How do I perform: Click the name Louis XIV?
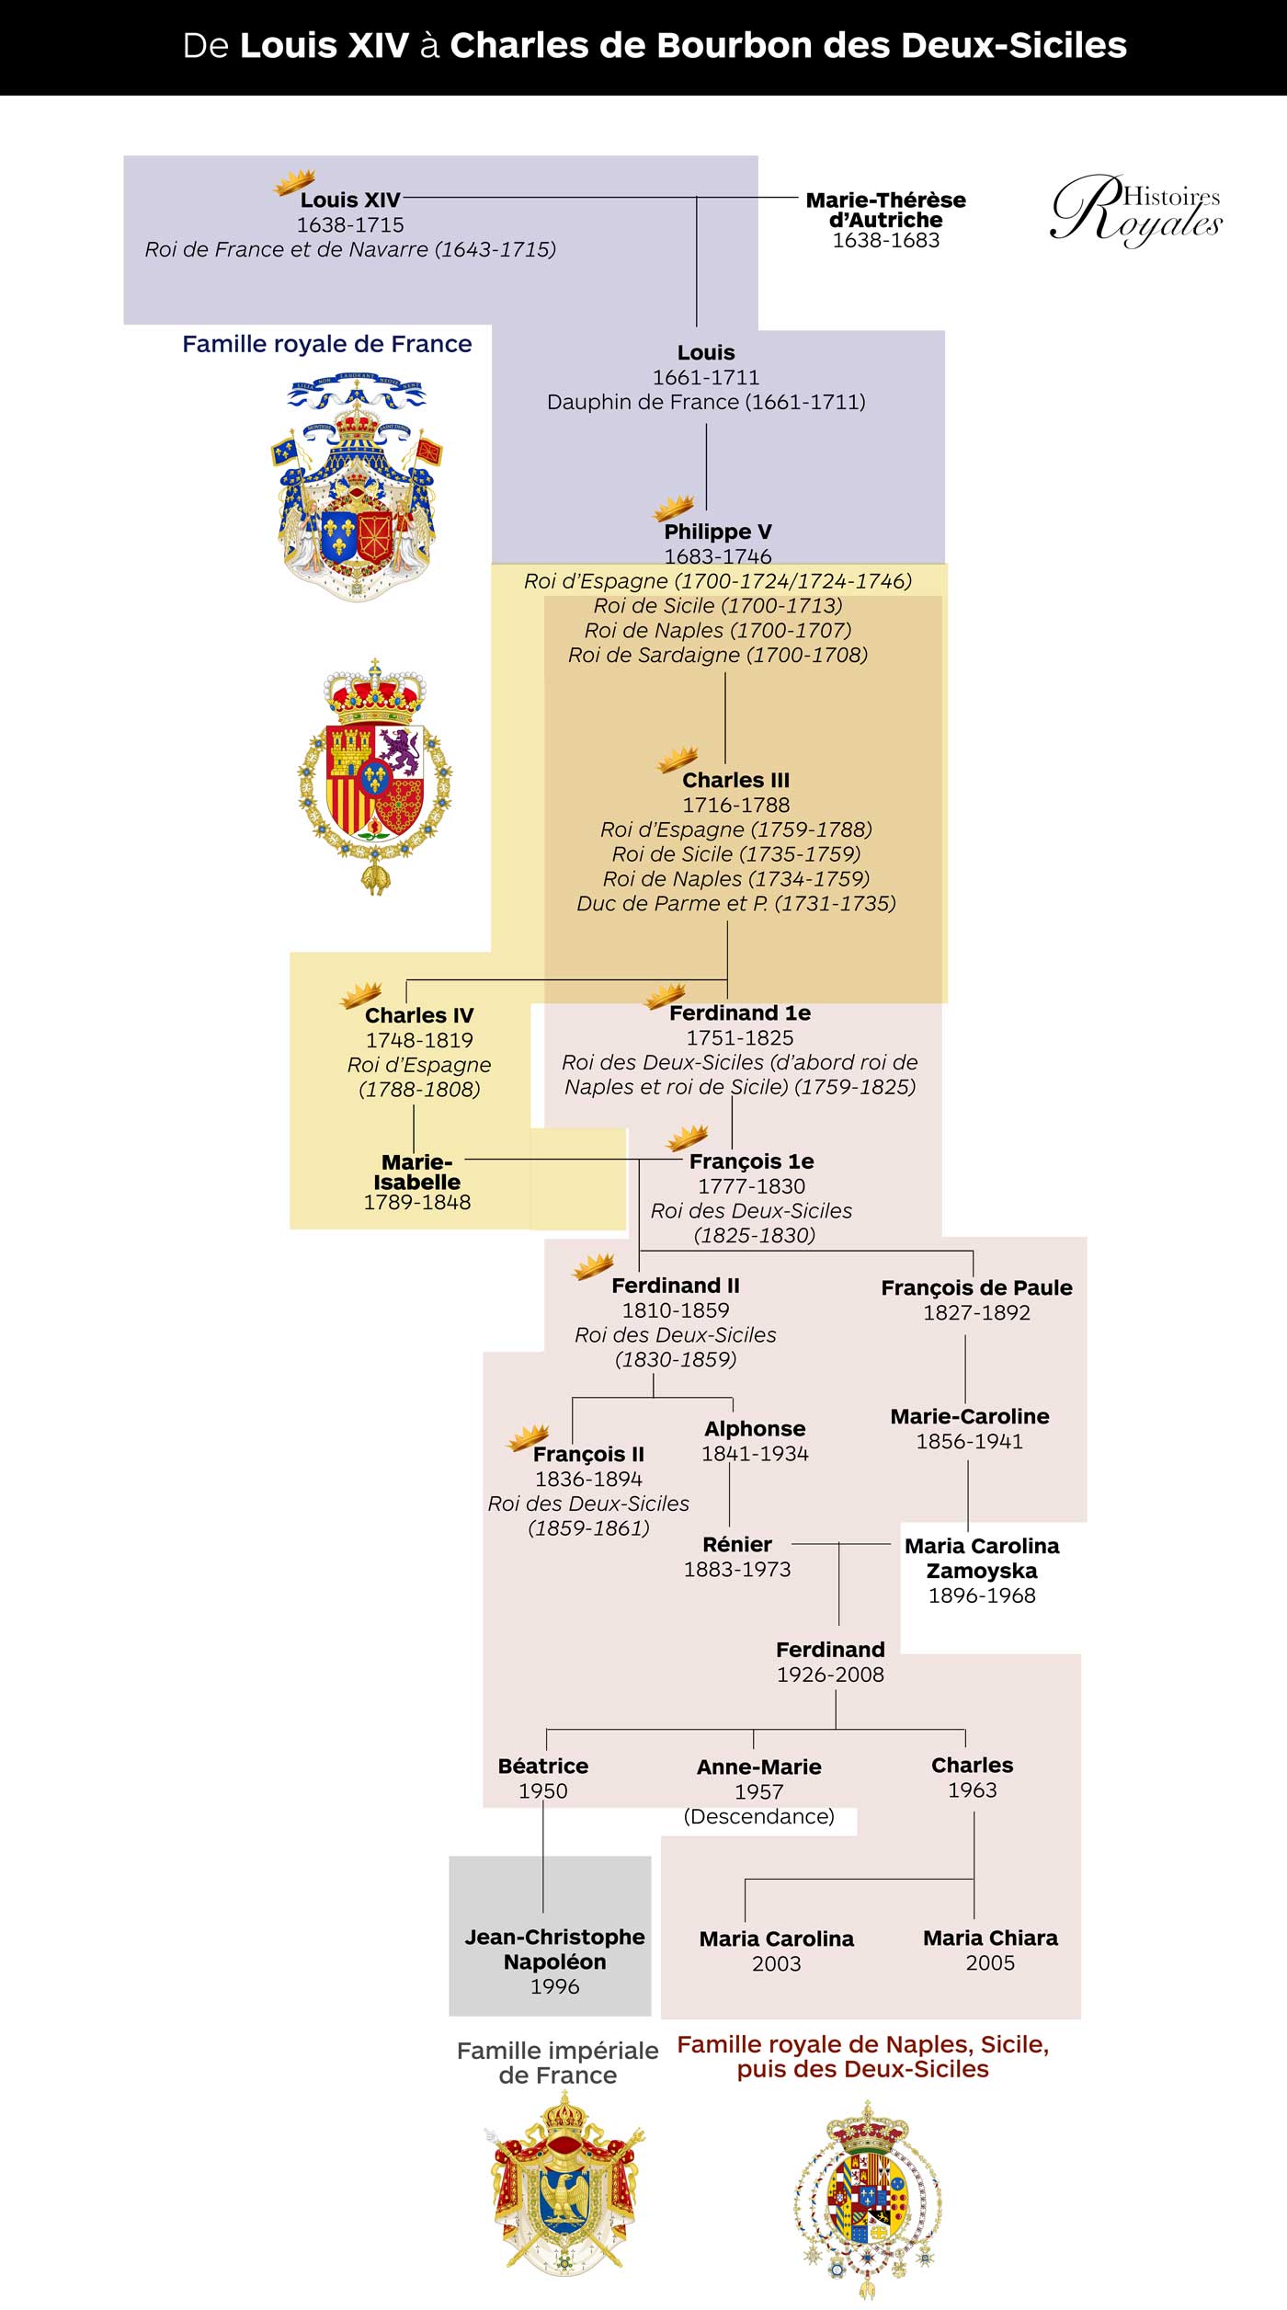pyautogui.click(x=350, y=200)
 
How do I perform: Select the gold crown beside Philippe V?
pyautogui.click(x=673, y=509)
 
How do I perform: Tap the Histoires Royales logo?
pyautogui.click(x=1136, y=210)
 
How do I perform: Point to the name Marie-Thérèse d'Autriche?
pyautogui.click(x=885, y=210)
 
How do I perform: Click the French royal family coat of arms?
pyautogui.click(x=356, y=487)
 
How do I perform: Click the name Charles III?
pyautogui.click(x=735, y=780)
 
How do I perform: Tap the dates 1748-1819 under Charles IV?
pyautogui.click(x=419, y=1040)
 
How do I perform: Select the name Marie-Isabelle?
pyautogui.click(x=416, y=1172)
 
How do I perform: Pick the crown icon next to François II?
pyautogui.click(x=529, y=1437)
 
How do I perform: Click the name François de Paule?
pyautogui.click(x=976, y=1287)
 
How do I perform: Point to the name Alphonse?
pyautogui.click(x=755, y=1428)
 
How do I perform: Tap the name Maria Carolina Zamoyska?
pyautogui.click(x=982, y=1558)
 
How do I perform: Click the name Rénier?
pyautogui.click(x=737, y=1544)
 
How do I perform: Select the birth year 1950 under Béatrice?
pyautogui.click(x=543, y=1790)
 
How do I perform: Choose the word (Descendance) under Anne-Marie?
pyautogui.click(x=758, y=1816)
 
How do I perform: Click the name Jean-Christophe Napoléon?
pyautogui.click(x=554, y=1949)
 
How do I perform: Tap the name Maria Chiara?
pyautogui.click(x=990, y=1938)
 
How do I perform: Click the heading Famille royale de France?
pyautogui.click(x=326, y=344)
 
